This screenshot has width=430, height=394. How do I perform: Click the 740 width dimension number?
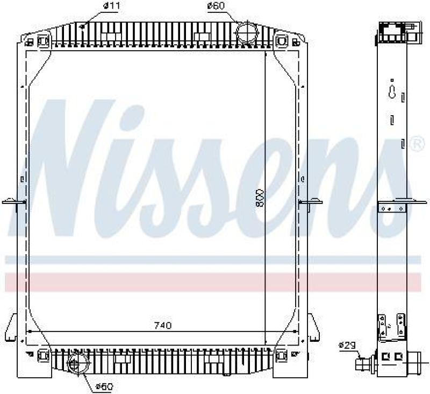162,325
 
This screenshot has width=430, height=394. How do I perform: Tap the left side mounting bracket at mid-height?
18,202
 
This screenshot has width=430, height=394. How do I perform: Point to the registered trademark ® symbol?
416,144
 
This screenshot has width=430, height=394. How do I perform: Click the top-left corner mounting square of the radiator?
43,41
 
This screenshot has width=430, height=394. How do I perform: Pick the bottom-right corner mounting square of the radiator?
281,355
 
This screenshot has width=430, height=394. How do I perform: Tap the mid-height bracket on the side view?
392,207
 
